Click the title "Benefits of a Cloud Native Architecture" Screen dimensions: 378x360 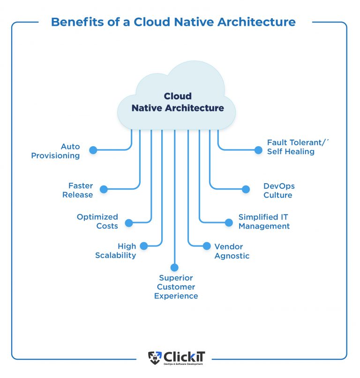click(x=173, y=22)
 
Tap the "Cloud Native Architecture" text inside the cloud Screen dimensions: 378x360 click(x=178, y=102)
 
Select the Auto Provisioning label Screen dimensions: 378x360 click(x=55, y=151)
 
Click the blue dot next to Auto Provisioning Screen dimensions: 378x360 click(x=93, y=150)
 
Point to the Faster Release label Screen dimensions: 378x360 click(x=77, y=190)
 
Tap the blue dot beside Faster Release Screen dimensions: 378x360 click(x=104, y=189)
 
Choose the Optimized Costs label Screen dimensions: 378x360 click(x=97, y=222)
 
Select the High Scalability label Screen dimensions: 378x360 click(x=116, y=251)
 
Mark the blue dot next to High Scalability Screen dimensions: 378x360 click(x=144, y=245)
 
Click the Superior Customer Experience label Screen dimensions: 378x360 click(x=176, y=287)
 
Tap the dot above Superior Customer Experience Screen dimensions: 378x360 click(x=174, y=267)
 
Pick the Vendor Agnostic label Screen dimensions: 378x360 click(x=232, y=251)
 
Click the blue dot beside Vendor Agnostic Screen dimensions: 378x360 click(x=207, y=246)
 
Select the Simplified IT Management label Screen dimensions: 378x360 click(x=264, y=222)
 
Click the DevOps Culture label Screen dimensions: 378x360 click(x=279, y=191)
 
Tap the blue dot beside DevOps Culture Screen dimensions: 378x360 click(x=246, y=189)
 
